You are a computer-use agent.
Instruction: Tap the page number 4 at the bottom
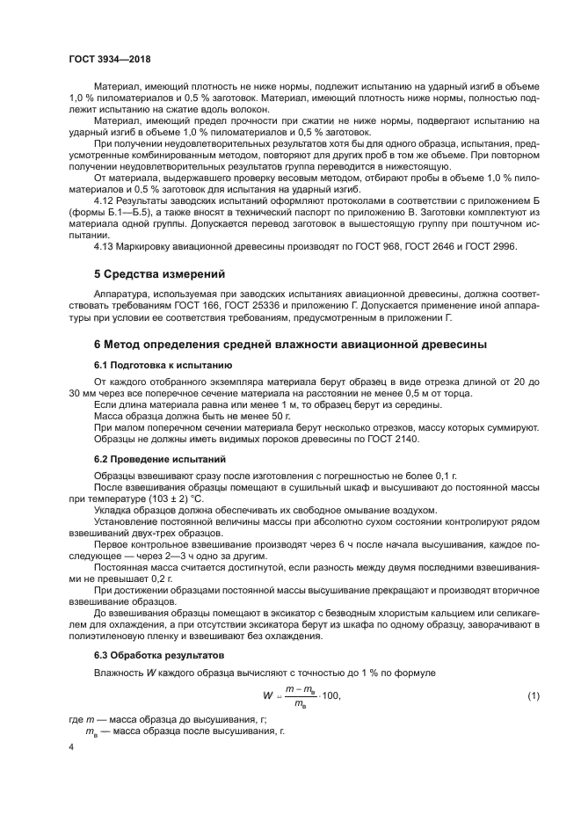click(71, 746)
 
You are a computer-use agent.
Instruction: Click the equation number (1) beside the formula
click(533, 696)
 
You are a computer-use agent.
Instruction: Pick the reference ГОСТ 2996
click(492, 245)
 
